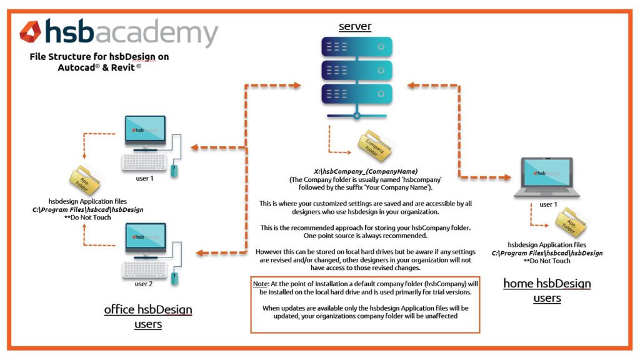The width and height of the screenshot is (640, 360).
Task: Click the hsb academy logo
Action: (119, 32)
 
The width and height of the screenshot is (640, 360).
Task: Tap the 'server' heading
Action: (355, 26)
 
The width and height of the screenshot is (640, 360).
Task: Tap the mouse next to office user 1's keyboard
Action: (174, 170)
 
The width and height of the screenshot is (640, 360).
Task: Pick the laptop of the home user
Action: (547, 179)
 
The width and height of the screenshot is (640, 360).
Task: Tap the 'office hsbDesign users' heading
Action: (148, 316)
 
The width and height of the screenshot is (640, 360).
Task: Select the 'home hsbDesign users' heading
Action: (547, 291)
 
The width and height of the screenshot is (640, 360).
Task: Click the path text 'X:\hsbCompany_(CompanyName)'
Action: (366, 171)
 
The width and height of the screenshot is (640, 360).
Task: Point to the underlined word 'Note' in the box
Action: (261, 284)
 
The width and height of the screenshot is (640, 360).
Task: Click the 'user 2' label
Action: (144, 284)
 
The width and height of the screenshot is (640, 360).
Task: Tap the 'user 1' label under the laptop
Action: (548, 204)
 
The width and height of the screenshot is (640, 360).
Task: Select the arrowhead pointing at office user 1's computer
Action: (194, 148)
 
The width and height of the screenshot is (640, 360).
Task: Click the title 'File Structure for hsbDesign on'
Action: (99, 56)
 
